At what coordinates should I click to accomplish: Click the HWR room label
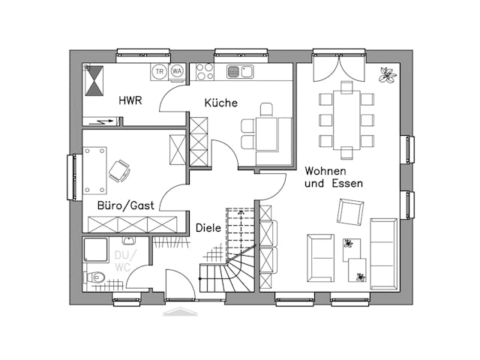tap(130, 100)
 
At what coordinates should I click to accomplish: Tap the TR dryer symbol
tap(159, 71)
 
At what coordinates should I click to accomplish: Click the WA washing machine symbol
tap(177, 71)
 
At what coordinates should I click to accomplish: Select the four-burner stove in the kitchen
tap(205, 72)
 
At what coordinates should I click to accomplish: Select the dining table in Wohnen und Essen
tap(346, 120)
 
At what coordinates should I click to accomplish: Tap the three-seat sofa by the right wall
tap(384, 253)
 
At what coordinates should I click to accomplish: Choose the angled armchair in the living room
tap(350, 212)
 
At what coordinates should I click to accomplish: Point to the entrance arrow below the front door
tap(180, 311)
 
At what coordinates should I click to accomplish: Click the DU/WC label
tap(121, 260)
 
